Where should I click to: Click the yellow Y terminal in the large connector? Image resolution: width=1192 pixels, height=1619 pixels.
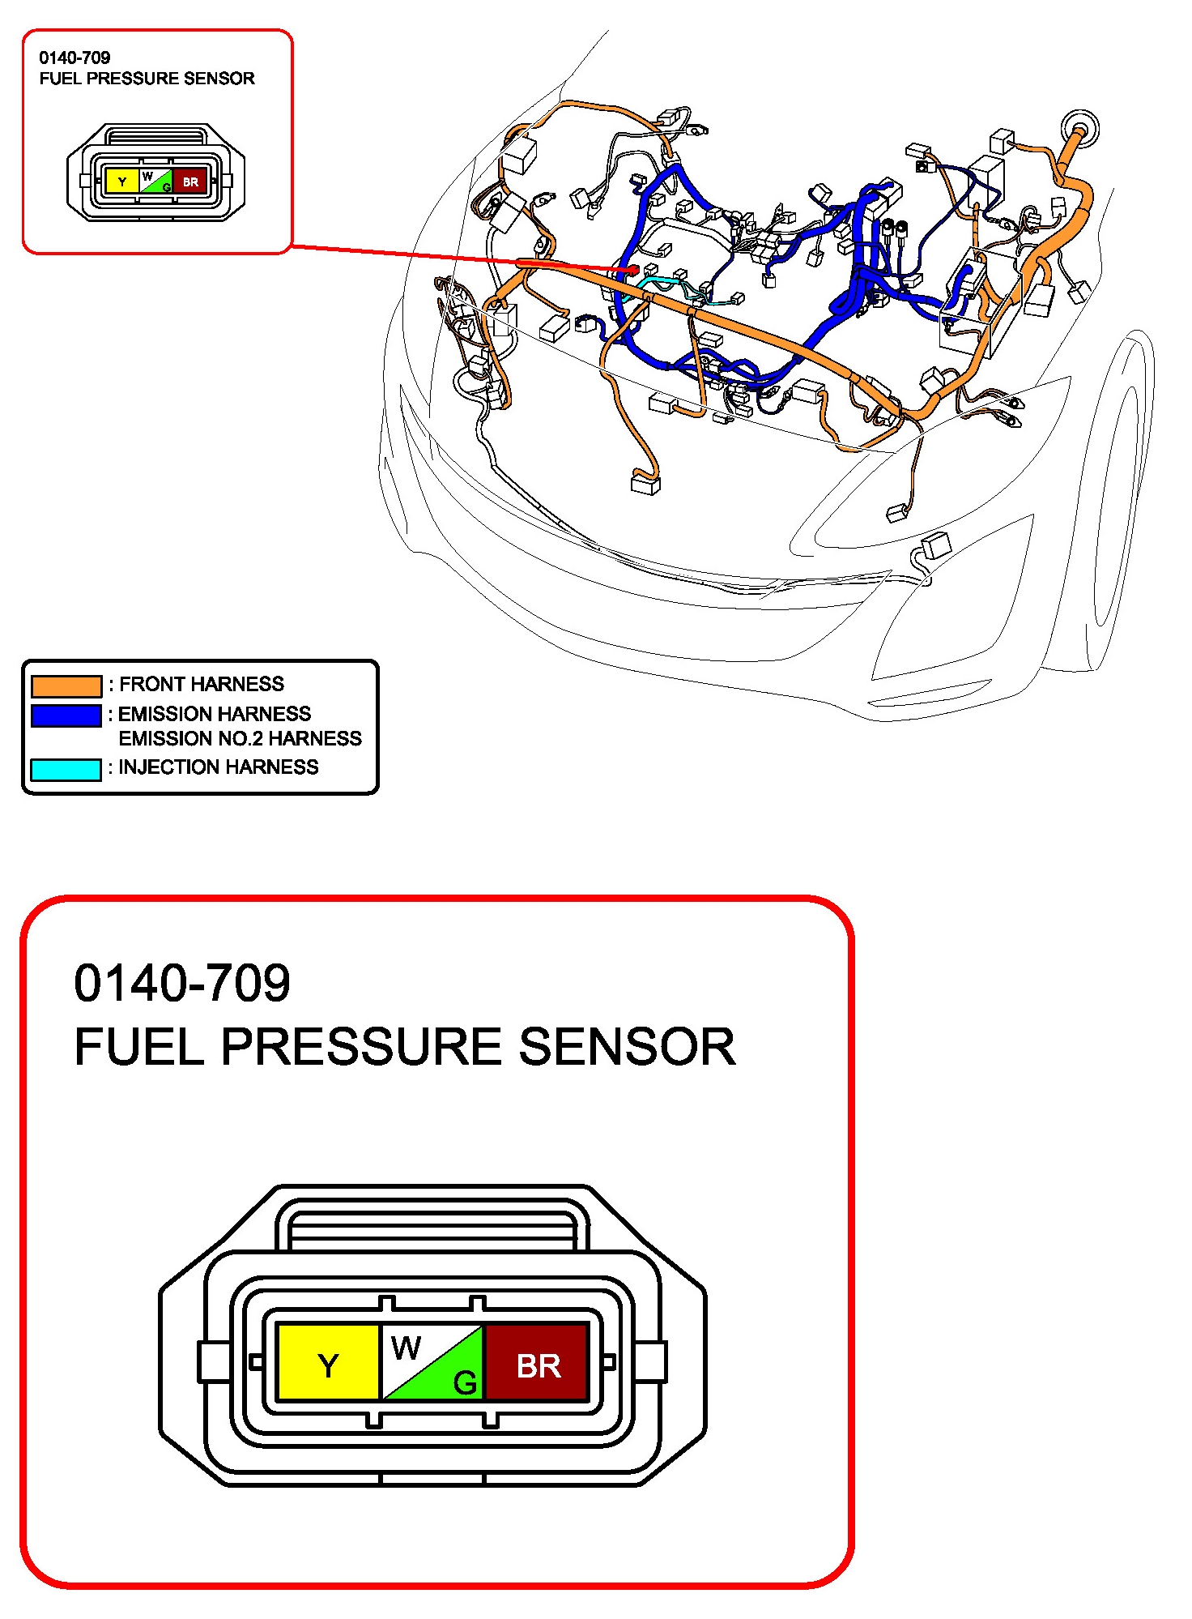[x=328, y=1362]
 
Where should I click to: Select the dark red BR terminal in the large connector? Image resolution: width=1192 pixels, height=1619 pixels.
[x=536, y=1362]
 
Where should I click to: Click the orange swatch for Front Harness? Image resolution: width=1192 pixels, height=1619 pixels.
[x=66, y=686]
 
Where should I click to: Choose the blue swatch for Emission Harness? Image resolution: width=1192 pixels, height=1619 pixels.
[x=66, y=716]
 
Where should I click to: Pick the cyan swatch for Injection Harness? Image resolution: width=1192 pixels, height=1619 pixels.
[x=66, y=769]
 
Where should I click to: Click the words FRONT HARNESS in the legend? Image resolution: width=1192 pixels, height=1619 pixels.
[x=202, y=684]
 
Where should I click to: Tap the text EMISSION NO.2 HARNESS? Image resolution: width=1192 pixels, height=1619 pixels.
[x=240, y=738]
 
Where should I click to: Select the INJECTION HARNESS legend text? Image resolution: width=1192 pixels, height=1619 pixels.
[x=219, y=767]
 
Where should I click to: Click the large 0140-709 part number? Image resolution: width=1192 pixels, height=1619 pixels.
[x=182, y=983]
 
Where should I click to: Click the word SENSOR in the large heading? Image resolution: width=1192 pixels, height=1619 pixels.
[x=628, y=1046]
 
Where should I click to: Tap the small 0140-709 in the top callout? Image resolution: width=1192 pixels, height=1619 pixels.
[x=74, y=58]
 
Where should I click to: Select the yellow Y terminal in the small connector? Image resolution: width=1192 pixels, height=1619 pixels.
[x=122, y=182]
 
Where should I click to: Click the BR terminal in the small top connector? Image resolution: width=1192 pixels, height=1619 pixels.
[x=190, y=182]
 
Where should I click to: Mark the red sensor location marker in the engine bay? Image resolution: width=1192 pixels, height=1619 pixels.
[x=634, y=269]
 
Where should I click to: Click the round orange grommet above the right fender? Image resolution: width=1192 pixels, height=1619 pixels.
[x=1080, y=130]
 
